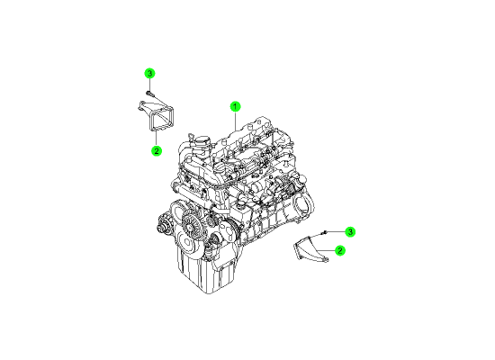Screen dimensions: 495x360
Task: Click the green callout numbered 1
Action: tap(235, 107)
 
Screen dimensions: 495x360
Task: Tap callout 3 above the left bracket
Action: tap(150, 74)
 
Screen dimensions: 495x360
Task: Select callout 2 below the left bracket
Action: tap(157, 150)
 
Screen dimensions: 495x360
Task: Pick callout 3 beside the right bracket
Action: tap(350, 232)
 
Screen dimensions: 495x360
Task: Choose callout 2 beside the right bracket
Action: tap(340, 250)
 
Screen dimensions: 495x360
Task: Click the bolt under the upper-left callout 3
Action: tap(149, 93)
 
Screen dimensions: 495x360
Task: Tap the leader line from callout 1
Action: tap(235, 121)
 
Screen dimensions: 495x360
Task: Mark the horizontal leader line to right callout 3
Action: tap(335, 232)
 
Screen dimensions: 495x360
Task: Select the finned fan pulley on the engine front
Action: tap(191, 224)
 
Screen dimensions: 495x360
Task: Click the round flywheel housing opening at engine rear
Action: tap(302, 204)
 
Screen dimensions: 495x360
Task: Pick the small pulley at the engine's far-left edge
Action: tap(163, 225)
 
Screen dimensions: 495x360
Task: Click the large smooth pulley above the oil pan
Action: tap(187, 242)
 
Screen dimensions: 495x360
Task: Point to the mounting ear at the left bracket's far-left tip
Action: tap(139, 106)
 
